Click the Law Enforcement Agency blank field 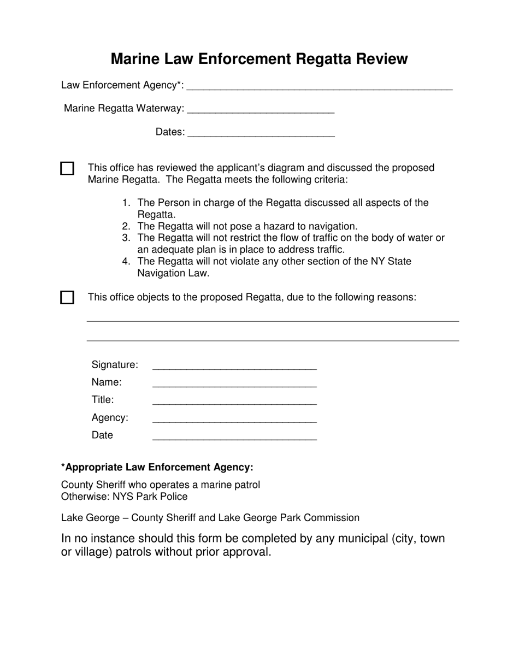pos(319,86)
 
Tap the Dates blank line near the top pos(261,133)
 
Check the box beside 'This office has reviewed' pos(67,168)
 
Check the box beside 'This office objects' pos(67,298)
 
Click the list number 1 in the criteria pos(126,203)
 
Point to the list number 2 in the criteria pos(126,226)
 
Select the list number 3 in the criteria pos(126,238)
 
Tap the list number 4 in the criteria pos(126,262)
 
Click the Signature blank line pos(234,366)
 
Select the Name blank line pos(234,384)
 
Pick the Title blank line pos(234,401)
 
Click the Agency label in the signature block pos(110,418)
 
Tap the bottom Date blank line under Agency pos(234,436)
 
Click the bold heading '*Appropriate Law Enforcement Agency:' pos(157,468)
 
